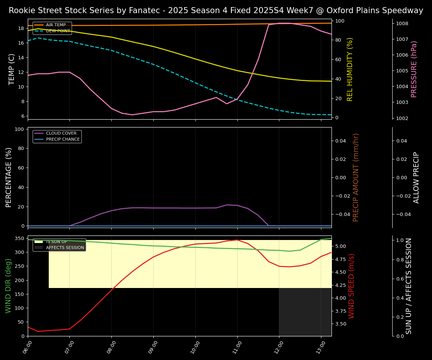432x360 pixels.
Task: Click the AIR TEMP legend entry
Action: click(x=55, y=25)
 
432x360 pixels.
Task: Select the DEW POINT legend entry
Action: click(x=58, y=31)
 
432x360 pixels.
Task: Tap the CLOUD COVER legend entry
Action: click(x=61, y=133)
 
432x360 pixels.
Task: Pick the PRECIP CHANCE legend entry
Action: click(x=63, y=139)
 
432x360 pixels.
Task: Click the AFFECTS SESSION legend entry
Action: click(x=65, y=247)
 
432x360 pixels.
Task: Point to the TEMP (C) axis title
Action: click(x=12, y=69)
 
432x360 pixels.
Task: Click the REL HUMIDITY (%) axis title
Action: click(x=350, y=69)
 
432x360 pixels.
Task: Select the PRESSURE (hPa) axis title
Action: click(x=414, y=69)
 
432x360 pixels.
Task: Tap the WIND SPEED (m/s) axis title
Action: click(x=351, y=286)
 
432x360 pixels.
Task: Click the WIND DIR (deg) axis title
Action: click(x=8, y=286)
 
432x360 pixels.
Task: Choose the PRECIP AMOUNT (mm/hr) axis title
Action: click(x=356, y=177)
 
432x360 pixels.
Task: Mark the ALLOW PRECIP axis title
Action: click(x=417, y=177)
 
